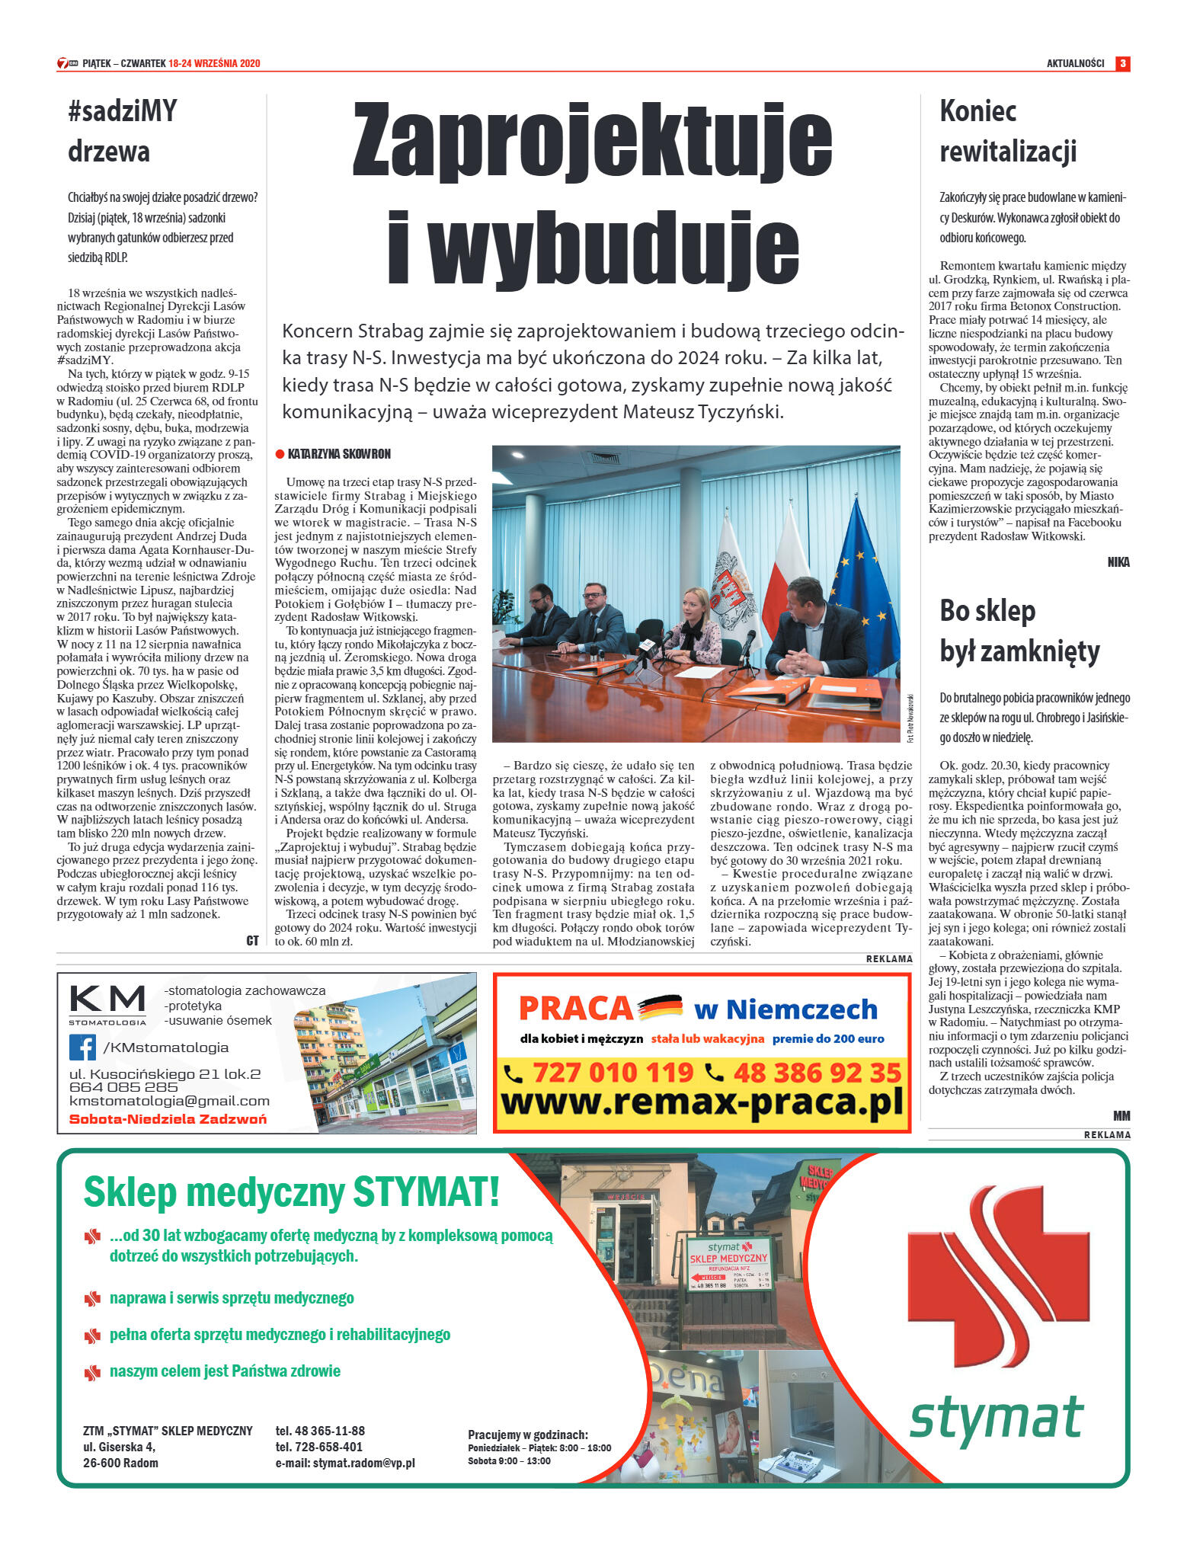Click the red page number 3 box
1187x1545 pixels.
coord(1122,63)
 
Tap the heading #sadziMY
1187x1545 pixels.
coord(123,111)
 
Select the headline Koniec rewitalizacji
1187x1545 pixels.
coord(1007,131)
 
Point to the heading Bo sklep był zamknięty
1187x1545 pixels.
coord(1019,631)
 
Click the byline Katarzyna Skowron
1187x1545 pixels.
coord(338,454)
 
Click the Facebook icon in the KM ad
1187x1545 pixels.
coord(82,1047)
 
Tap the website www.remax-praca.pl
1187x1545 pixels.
coord(701,1103)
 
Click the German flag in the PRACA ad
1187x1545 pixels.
coord(660,1007)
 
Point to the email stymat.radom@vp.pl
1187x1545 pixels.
coord(345,1463)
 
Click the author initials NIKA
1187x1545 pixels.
coord(1118,562)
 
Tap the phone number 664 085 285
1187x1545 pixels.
coord(123,1087)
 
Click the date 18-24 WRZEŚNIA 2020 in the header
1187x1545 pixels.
coord(214,63)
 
